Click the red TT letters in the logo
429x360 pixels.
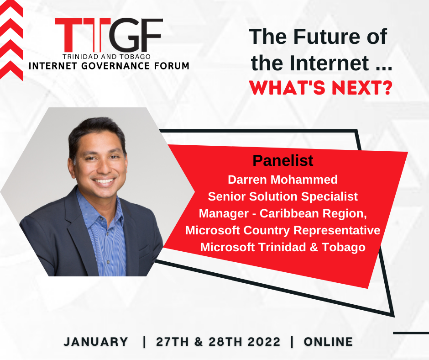point(83,35)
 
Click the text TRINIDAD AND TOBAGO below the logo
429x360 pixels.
point(106,57)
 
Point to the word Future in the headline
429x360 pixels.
point(327,37)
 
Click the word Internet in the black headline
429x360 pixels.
point(329,63)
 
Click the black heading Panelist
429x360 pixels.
point(283,160)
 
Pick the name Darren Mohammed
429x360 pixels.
point(283,180)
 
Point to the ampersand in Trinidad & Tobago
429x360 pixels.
point(314,247)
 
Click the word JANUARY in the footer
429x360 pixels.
point(96,342)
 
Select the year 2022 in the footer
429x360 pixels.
point(264,342)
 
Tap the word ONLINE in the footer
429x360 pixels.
point(328,342)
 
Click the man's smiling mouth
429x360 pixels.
point(104,181)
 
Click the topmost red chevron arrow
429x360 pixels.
point(11,8)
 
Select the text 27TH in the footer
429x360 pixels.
point(173,342)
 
